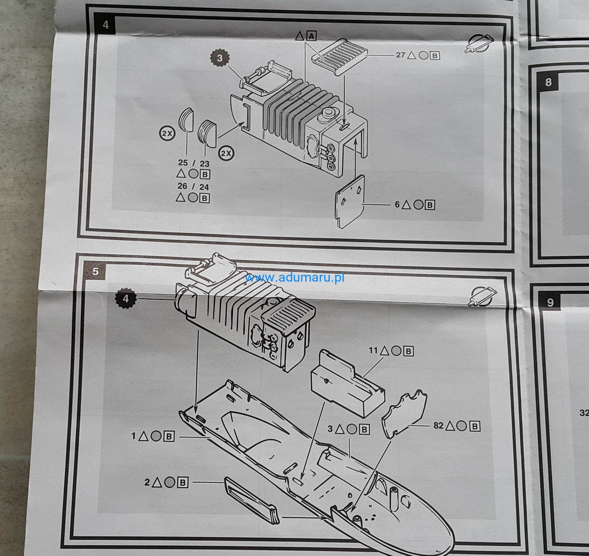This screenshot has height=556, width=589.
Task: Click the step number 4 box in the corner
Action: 105,25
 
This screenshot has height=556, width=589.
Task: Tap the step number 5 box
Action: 95,271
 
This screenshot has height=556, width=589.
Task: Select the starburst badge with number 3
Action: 220,58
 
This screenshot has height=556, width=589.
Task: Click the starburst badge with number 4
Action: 126,298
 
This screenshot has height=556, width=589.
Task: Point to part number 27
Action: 400,55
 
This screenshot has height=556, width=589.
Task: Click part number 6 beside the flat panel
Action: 397,204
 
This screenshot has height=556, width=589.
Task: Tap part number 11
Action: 373,350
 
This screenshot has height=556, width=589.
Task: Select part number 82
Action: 438,425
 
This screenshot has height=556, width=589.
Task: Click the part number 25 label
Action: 183,162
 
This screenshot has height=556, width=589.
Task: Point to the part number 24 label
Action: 204,187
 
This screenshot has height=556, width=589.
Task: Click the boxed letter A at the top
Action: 312,36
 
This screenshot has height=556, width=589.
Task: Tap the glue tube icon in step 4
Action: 478,44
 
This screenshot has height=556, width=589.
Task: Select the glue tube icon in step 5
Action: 483,296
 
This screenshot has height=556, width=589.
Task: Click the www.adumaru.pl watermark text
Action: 295,278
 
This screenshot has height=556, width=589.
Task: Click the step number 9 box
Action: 550,302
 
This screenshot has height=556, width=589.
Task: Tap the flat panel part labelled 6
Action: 350,202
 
